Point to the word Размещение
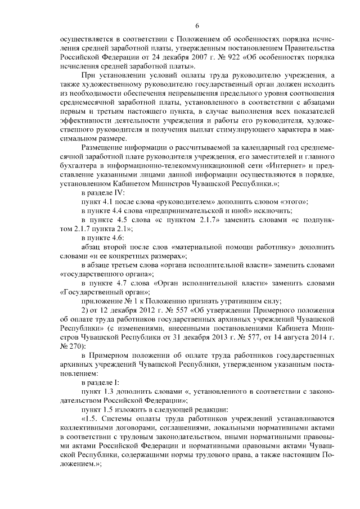click(x=106, y=148)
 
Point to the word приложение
click(x=105, y=301)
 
